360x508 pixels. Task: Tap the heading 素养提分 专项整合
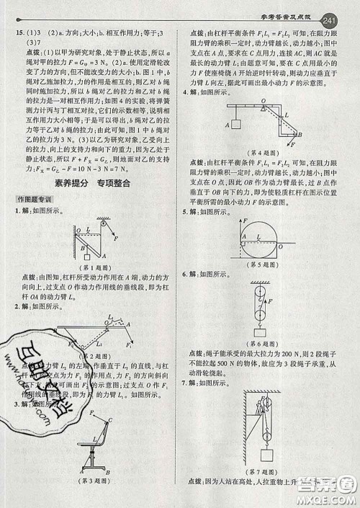[91, 184]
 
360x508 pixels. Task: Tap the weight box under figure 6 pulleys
[258, 332]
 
